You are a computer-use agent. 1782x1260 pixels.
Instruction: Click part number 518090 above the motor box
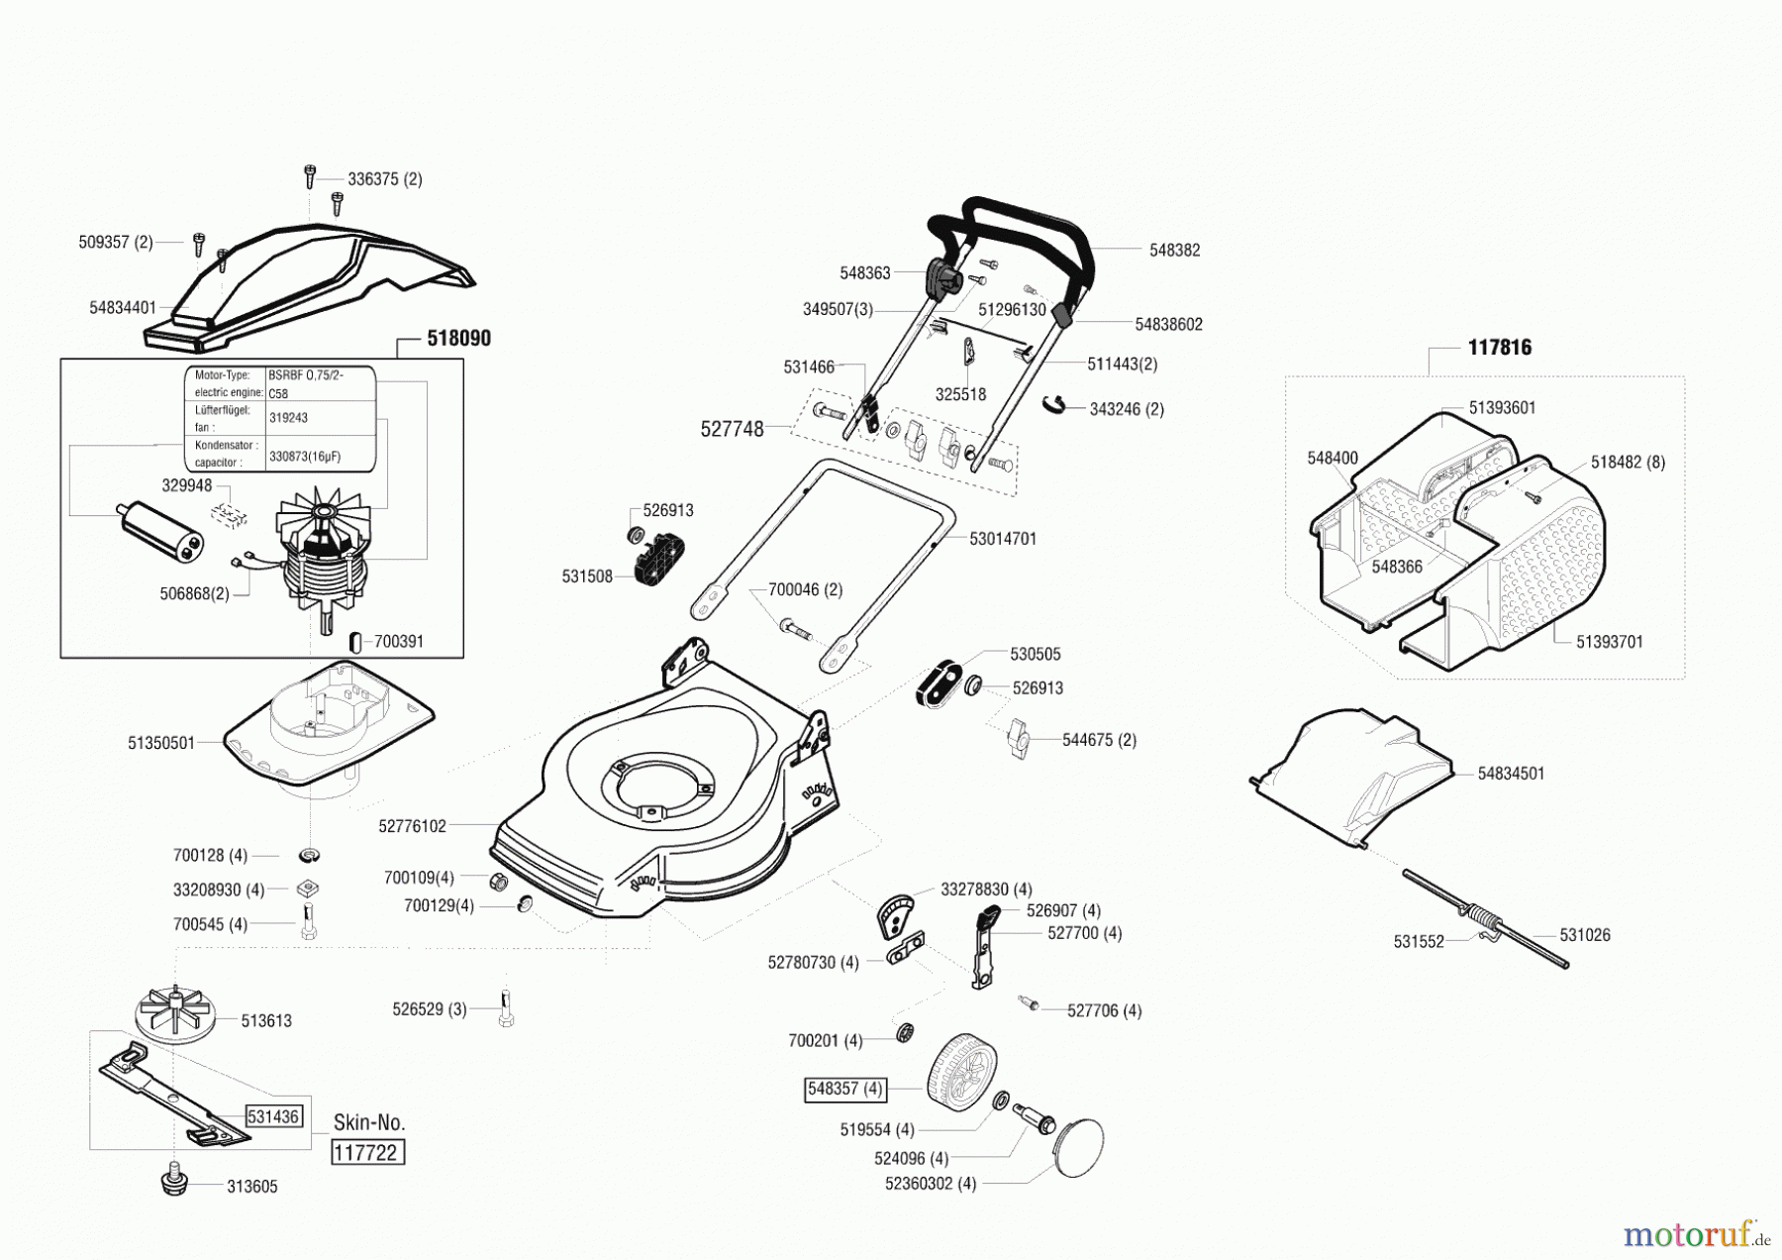pyautogui.click(x=458, y=339)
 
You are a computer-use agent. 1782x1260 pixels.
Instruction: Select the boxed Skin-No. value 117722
pyautogui.click(x=367, y=1153)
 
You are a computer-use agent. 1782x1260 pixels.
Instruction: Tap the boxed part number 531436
pyautogui.click(x=273, y=1116)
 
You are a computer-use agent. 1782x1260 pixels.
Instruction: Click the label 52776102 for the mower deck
pyautogui.click(x=413, y=825)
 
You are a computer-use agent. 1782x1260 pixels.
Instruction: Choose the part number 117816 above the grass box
pyautogui.click(x=1499, y=348)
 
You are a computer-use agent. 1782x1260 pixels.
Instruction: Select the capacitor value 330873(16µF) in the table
pyautogui.click(x=305, y=458)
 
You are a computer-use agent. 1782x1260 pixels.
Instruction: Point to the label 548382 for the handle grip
pyautogui.click(x=1174, y=251)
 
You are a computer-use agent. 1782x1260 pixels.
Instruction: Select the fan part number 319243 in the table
pyautogui.click(x=288, y=418)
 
